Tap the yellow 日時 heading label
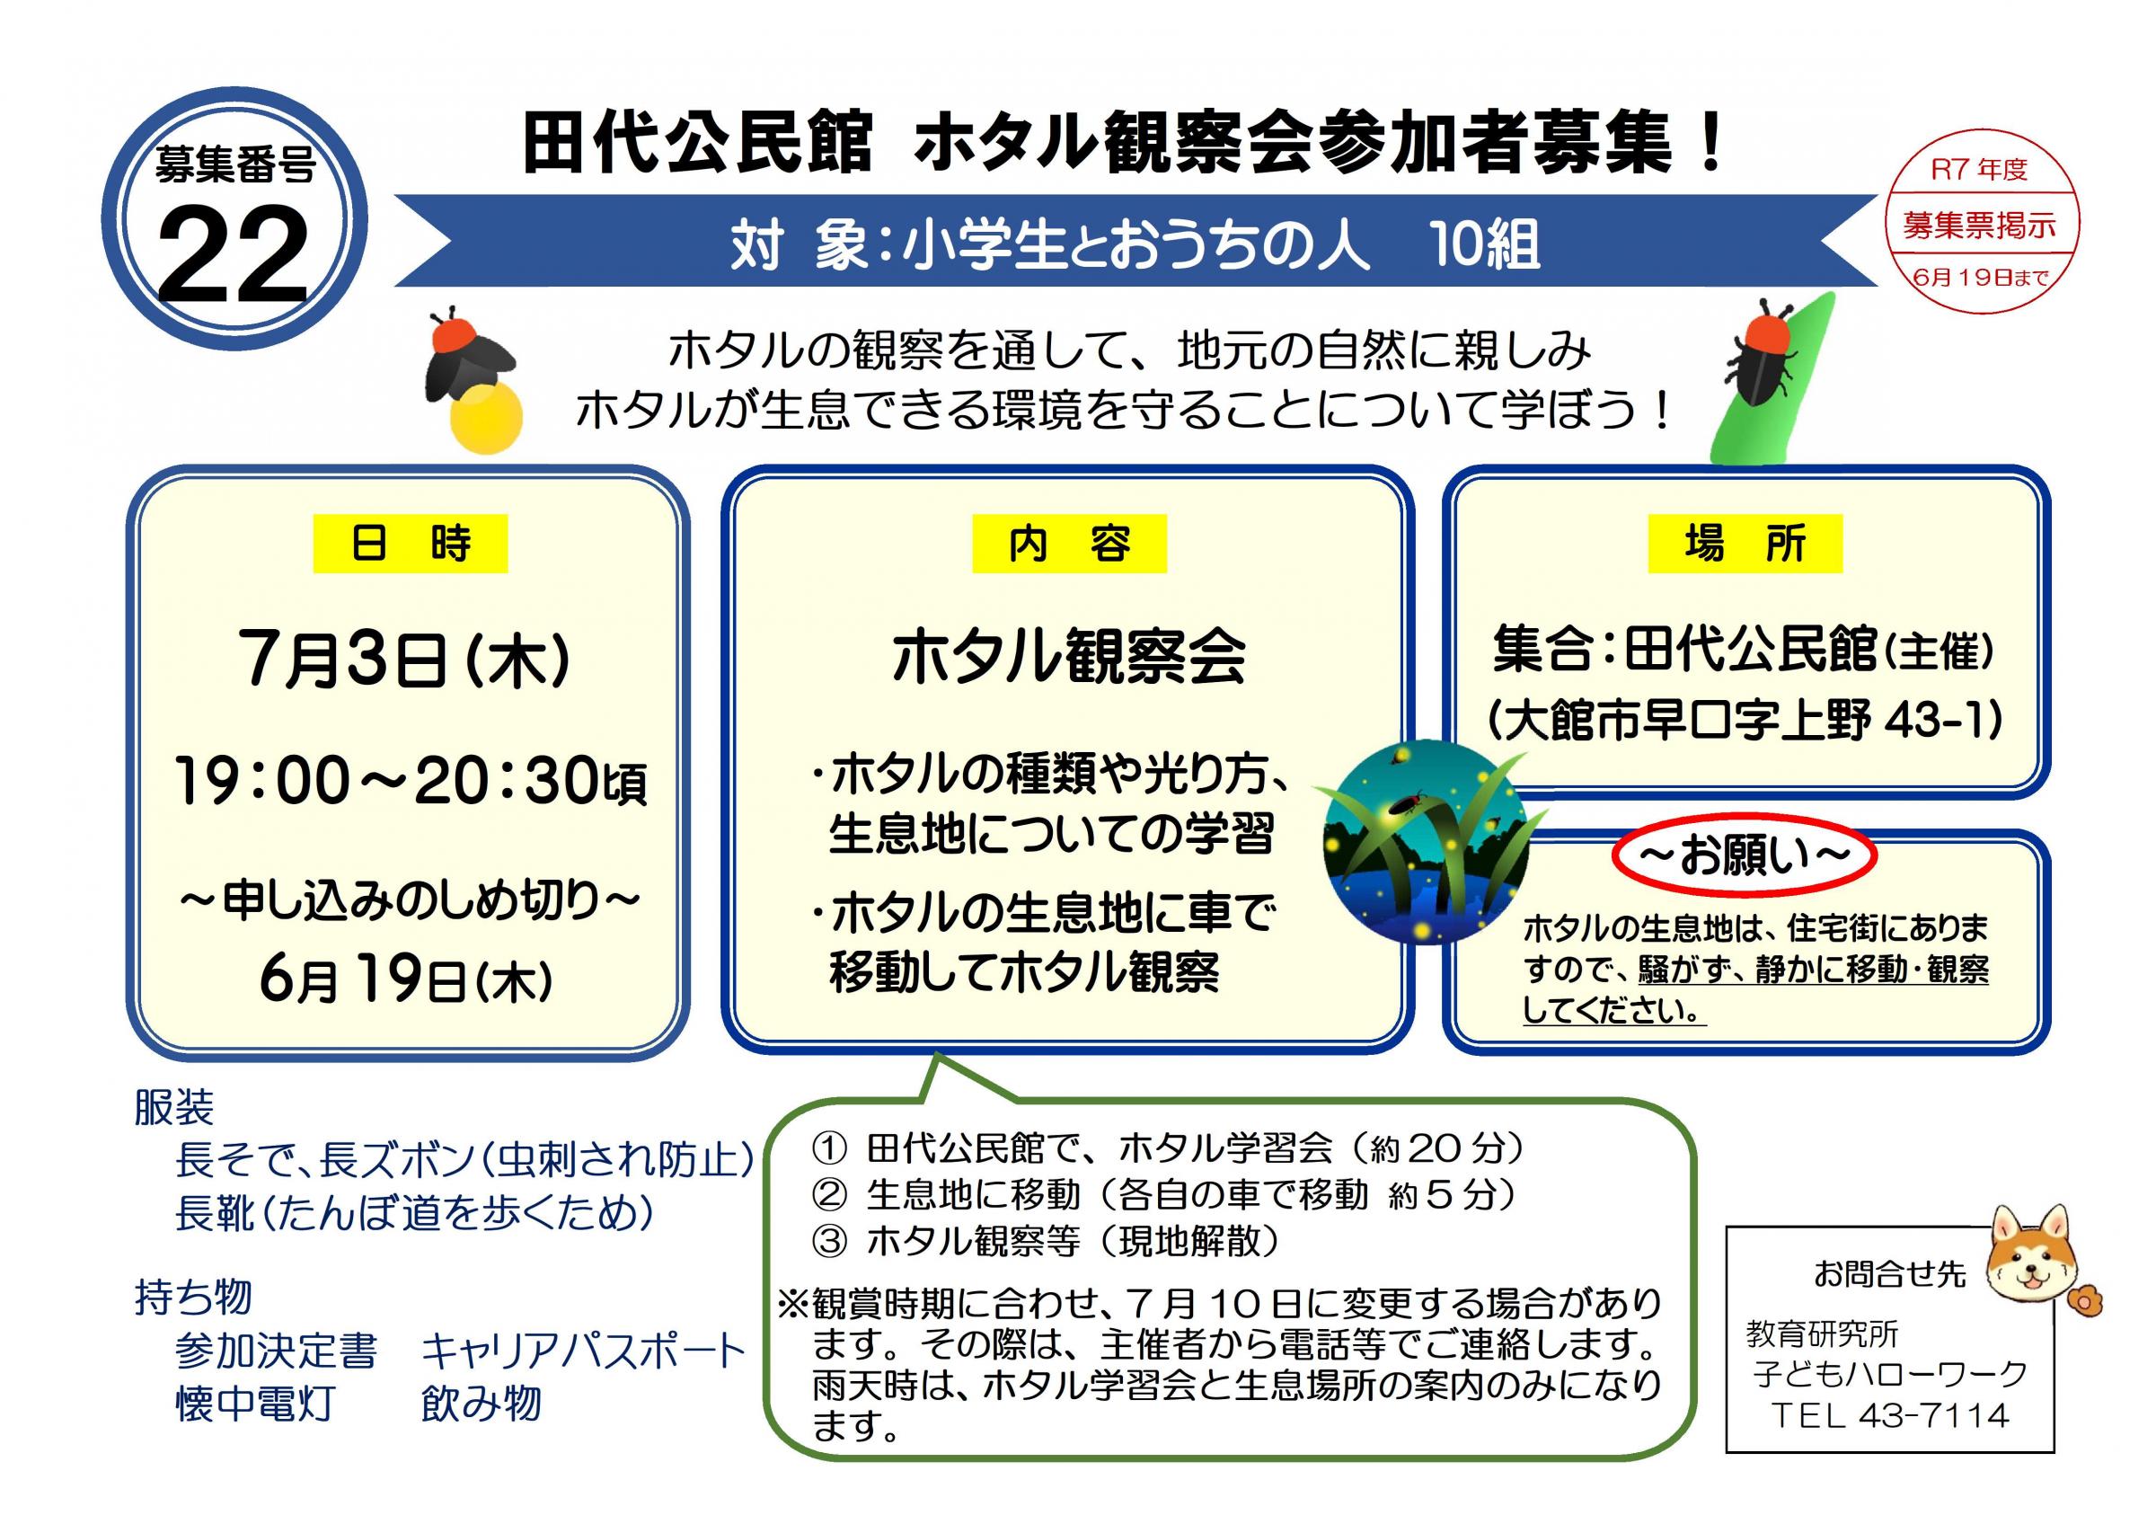coord(411,544)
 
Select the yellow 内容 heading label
coord(1069,544)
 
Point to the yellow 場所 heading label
coord(1745,544)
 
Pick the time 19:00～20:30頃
coord(411,780)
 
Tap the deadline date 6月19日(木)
coord(406,980)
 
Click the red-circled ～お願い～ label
coord(1744,855)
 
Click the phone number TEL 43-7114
coord(1889,1415)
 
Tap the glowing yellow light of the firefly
coord(485,417)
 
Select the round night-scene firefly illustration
coord(1426,842)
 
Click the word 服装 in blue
coord(173,1108)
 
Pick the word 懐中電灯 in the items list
coord(254,1404)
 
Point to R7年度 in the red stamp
coord(1979,170)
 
